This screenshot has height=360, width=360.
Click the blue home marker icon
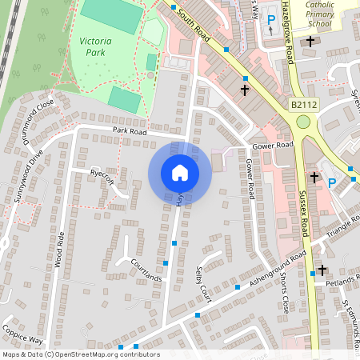(180, 173)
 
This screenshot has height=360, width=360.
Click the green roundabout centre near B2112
(303, 122)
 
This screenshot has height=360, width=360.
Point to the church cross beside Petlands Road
(322, 270)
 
